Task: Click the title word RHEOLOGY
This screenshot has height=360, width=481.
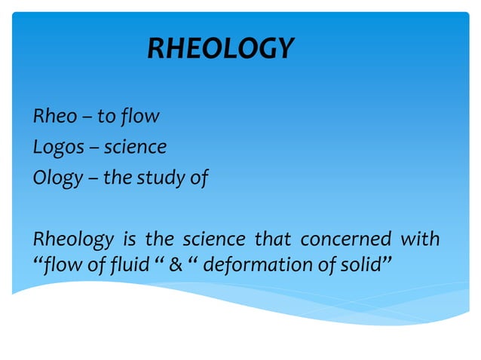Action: coord(219,49)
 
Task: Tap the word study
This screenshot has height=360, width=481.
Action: coord(167,178)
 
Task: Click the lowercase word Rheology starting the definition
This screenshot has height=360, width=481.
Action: coord(70,240)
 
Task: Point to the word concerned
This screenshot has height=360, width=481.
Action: coord(345,240)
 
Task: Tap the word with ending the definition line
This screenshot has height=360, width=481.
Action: coord(419,240)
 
